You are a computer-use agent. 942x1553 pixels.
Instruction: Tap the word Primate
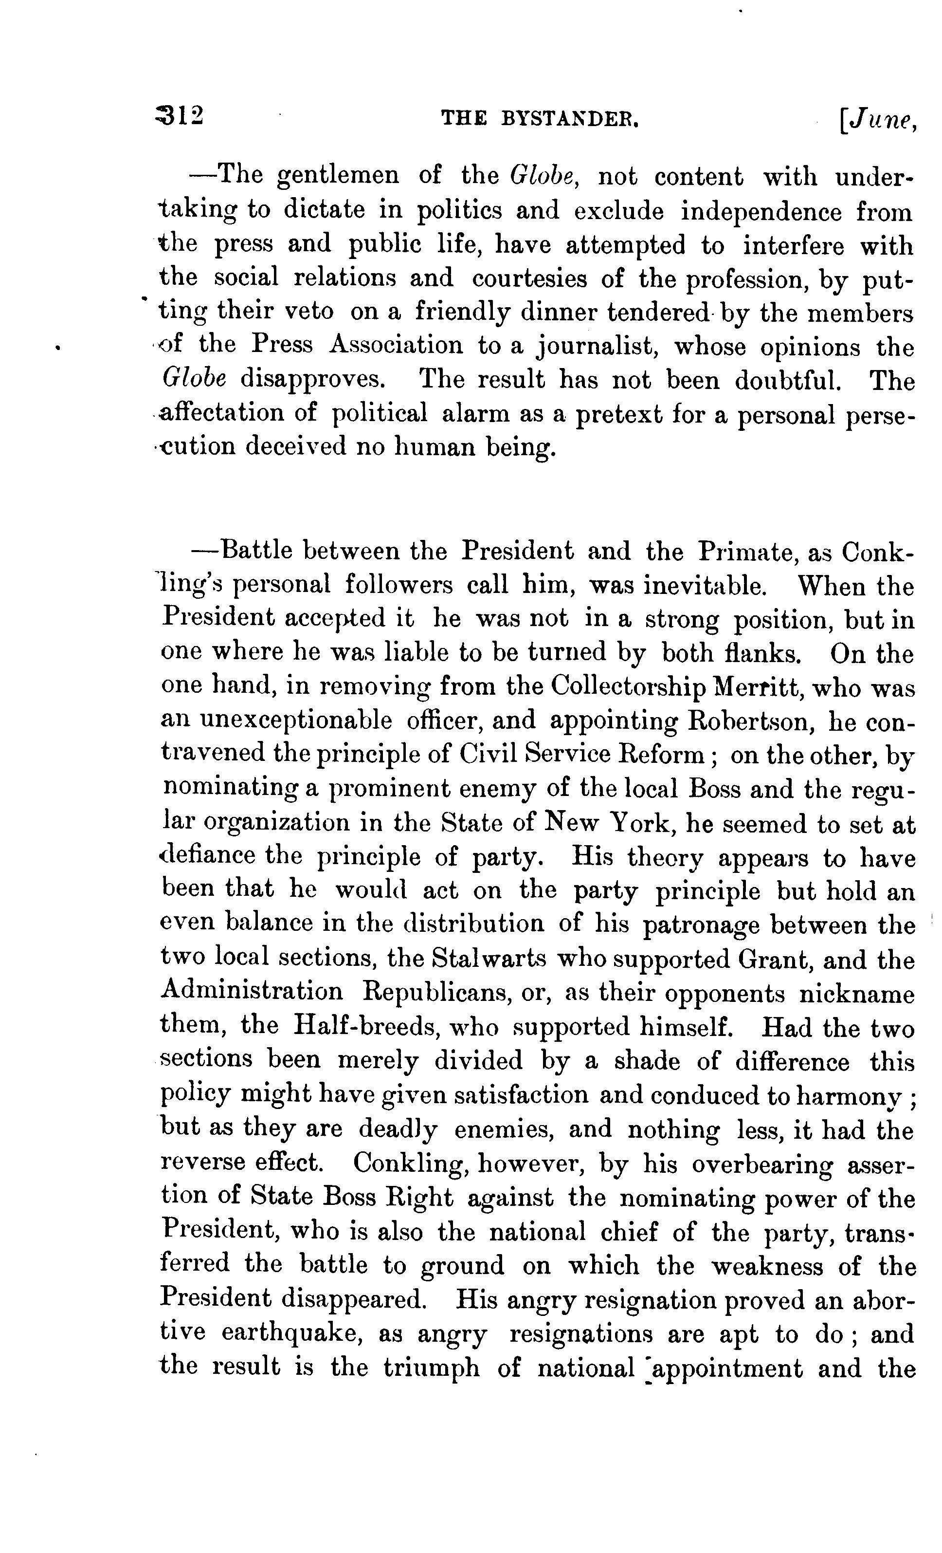[x=742, y=552]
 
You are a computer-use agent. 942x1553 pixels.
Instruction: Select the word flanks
[x=762, y=654]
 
